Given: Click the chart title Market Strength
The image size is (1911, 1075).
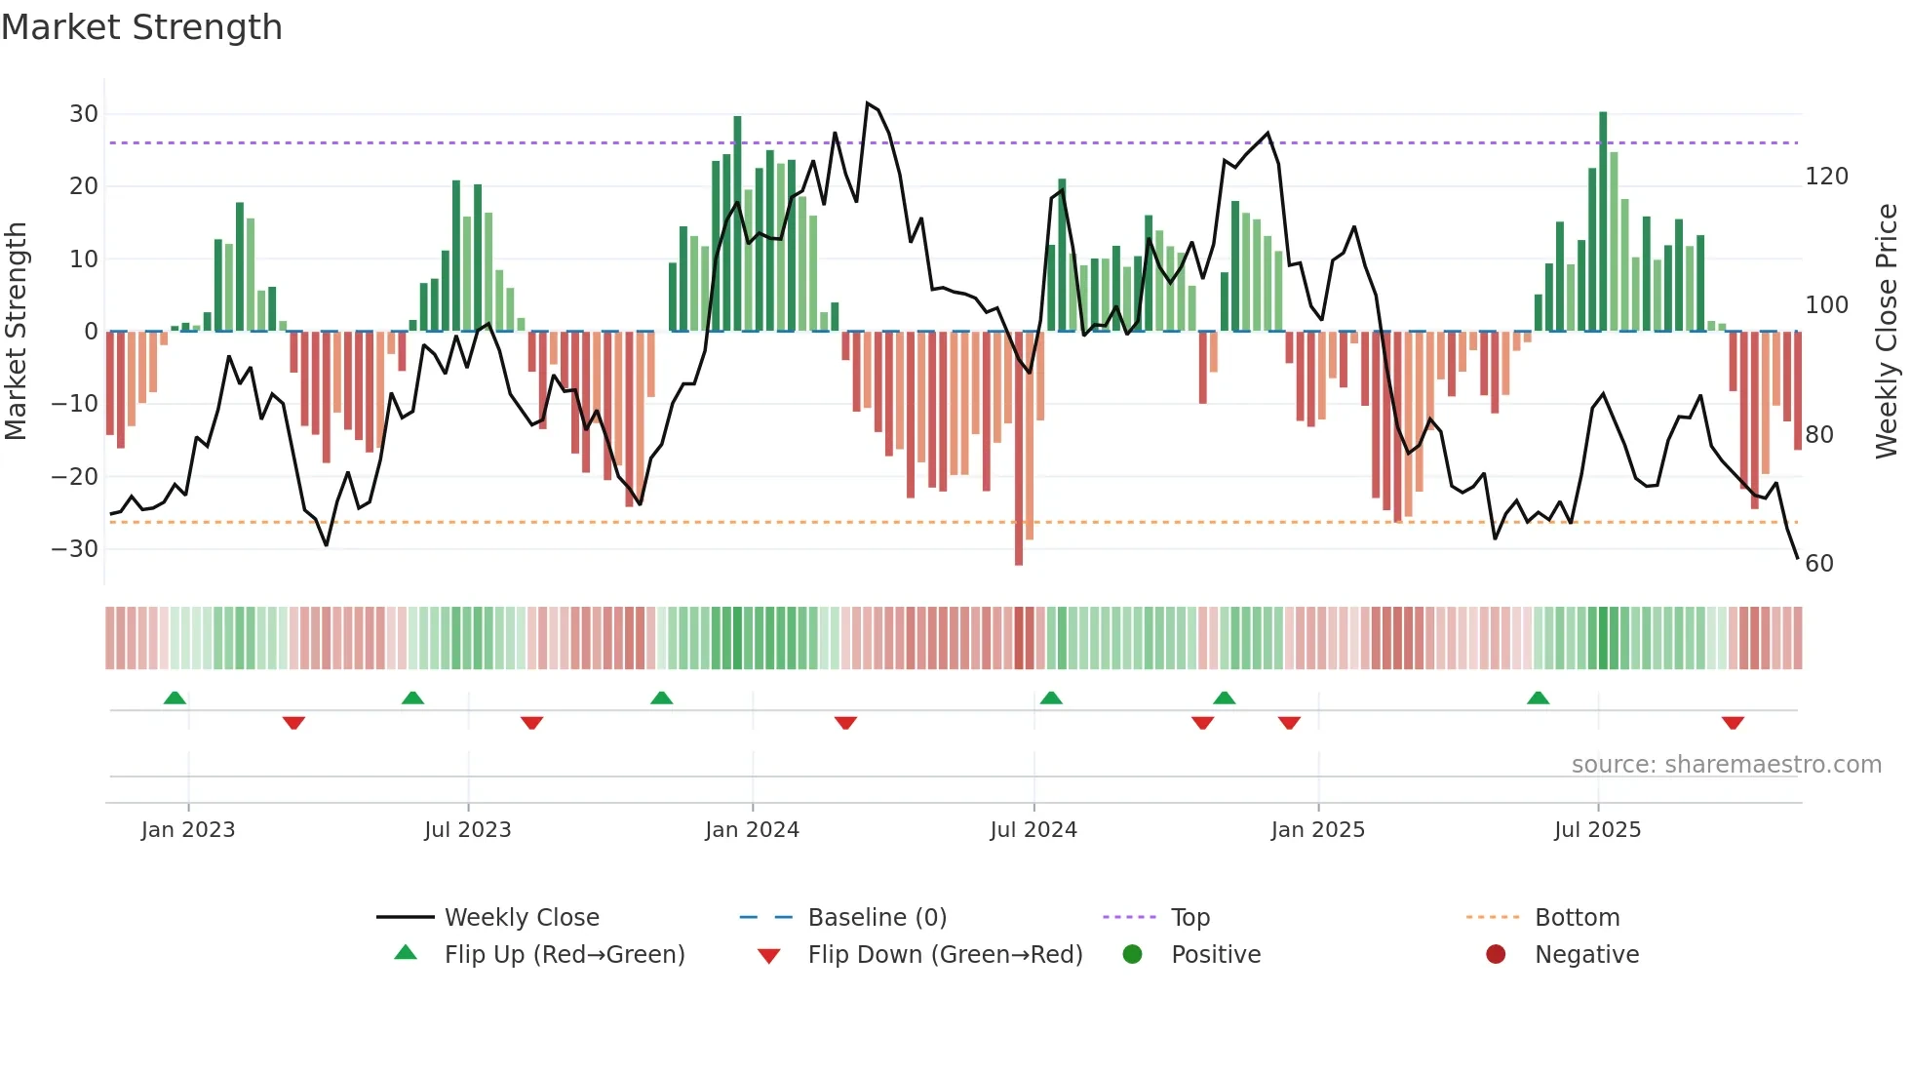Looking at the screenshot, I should click(141, 27).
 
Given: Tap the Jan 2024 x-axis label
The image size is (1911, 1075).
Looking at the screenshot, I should click(752, 830).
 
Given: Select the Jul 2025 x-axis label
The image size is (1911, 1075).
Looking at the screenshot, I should click(1597, 830).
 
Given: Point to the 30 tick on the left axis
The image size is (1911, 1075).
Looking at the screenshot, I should click(84, 114).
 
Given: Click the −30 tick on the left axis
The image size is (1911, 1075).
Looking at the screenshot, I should click(76, 549).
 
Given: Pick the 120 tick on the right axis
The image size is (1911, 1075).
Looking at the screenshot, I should click(1826, 177).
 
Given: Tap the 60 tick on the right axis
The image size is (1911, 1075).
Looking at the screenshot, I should click(1818, 564).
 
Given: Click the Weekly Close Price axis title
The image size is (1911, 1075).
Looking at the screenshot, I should click(1887, 332).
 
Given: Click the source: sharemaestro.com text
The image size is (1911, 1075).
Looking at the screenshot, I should click(1726, 765).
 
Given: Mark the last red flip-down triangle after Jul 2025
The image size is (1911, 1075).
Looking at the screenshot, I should click(1733, 723).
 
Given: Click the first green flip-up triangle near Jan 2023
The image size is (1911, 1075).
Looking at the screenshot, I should click(175, 697).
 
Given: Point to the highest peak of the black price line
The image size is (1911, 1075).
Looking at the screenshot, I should click(867, 103).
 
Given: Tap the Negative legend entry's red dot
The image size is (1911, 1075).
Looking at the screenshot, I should click(1496, 955).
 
